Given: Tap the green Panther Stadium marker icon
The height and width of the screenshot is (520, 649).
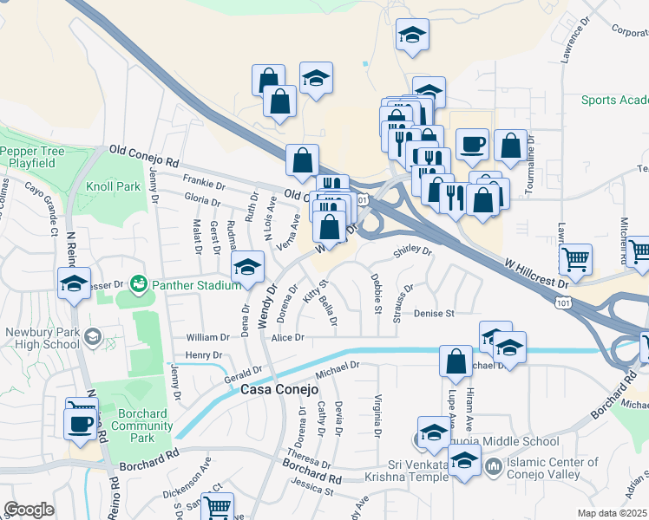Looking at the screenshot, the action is pyautogui.click(x=138, y=283).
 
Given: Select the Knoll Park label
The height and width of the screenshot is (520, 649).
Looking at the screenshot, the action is pyautogui.click(x=113, y=186).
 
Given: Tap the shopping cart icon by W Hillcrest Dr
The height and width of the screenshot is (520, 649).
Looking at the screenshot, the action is pyautogui.click(x=576, y=258).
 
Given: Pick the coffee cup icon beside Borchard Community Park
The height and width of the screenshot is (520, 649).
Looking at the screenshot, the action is pyautogui.click(x=82, y=423).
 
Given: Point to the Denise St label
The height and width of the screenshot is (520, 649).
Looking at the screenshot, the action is pyautogui.click(x=434, y=313).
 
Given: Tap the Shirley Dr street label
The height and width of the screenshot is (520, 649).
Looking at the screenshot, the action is pyautogui.click(x=411, y=250).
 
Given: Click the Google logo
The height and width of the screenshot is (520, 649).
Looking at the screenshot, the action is pyautogui.click(x=29, y=509).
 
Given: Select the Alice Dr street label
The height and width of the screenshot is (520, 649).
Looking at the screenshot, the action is pyautogui.click(x=288, y=338).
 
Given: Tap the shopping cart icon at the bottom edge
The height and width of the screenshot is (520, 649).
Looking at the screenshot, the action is pyautogui.click(x=218, y=506).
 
